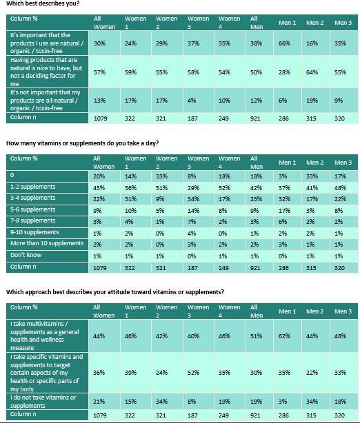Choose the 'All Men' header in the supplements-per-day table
[x=257, y=163]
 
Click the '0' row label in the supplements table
[x=13, y=176]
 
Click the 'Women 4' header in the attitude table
[x=229, y=311]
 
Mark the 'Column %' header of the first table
[x=24, y=19]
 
